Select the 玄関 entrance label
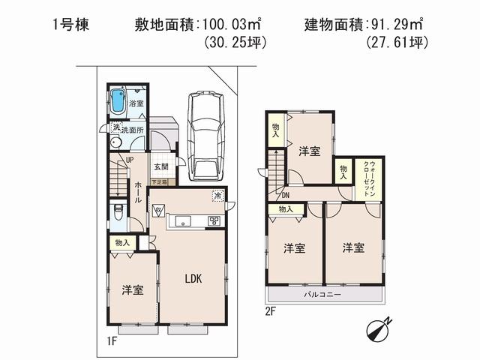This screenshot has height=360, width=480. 161,167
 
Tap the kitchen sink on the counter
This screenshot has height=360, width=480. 183,221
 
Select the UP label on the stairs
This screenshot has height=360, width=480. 129,160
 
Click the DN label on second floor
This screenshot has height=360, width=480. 286,196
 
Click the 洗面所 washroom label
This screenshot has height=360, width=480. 130,130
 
